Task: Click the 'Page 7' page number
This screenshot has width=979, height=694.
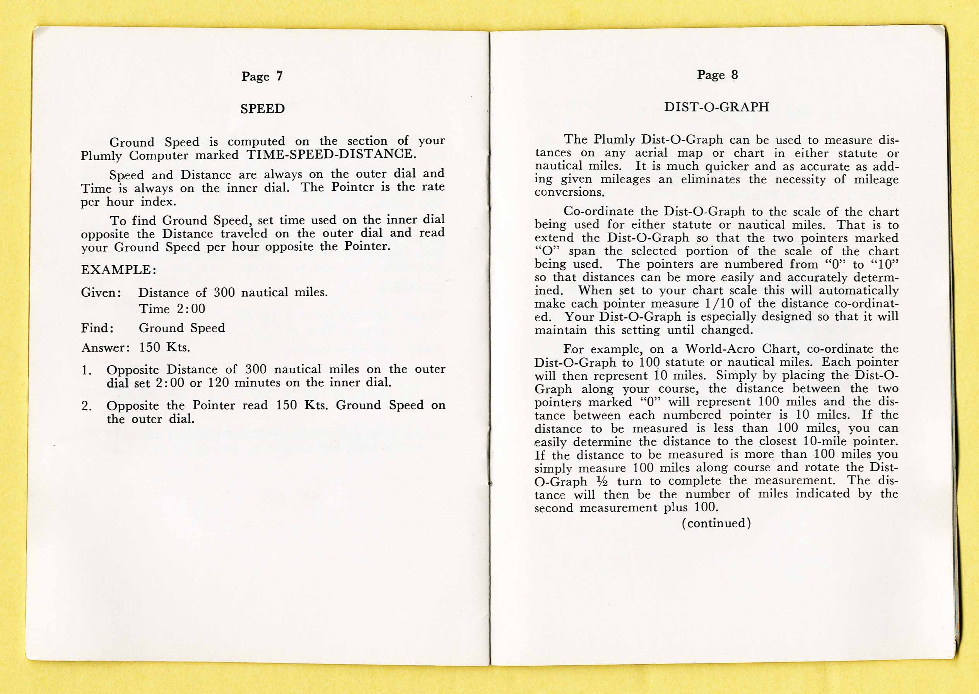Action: (x=261, y=77)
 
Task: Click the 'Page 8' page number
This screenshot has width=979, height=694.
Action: (x=717, y=75)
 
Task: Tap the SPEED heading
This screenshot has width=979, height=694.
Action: (x=262, y=109)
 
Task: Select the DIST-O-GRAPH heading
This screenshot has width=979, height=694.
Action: (x=717, y=107)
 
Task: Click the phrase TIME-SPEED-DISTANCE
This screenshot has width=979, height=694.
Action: (x=331, y=154)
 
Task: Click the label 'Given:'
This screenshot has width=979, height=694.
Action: (x=101, y=293)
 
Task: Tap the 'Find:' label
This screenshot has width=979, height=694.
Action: (x=98, y=328)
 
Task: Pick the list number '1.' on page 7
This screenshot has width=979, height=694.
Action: (x=87, y=371)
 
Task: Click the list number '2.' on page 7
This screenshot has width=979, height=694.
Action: (x=87, y=406)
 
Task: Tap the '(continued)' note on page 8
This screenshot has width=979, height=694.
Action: (x=716, y=523)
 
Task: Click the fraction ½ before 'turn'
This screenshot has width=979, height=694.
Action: (x=602, y=482)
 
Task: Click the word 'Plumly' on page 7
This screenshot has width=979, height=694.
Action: (x=101, y=156)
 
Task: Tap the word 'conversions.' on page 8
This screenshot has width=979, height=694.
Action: (x=569, y=192)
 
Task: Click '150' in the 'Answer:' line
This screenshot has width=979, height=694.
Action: (x=150, y=347)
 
